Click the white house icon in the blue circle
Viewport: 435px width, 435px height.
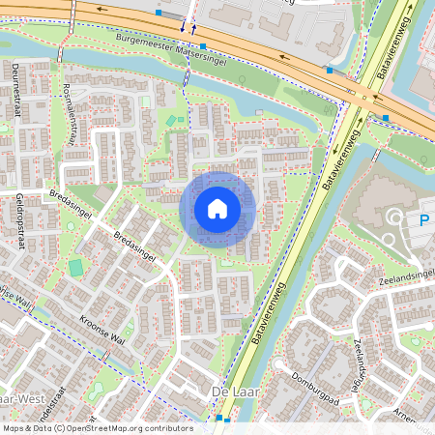(x=217, y=209)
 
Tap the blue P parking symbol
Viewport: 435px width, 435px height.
(x=423, y=220)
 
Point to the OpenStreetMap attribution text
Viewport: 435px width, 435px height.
(x=97, y=428)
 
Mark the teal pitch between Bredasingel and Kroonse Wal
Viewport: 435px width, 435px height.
(x=75, y=267)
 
